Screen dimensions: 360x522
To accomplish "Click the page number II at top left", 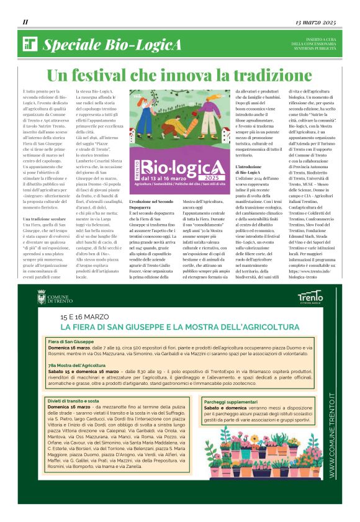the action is click(x=25, y=22).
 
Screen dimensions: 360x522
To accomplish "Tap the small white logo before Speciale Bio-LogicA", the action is click(x=30, y=44).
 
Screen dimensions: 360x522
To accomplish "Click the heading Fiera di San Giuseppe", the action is click(x=71, y=342).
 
